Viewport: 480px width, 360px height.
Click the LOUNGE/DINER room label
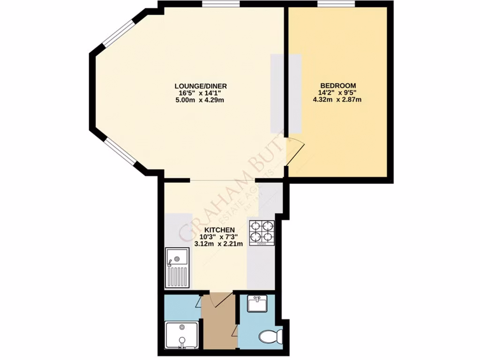click(201, 86)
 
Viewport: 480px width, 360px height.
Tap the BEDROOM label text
click(337, 85)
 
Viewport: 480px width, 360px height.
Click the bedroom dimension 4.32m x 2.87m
click(337, 99)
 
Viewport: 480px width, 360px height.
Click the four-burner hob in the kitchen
click(262, 232)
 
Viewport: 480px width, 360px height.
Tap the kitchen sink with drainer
click(178, 268)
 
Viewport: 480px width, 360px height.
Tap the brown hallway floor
click(218, 328)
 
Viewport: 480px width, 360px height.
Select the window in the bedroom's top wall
click(336, 4)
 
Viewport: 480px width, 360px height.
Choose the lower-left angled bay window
click(119, 152)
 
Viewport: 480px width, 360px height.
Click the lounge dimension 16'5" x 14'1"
click(201, 93)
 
